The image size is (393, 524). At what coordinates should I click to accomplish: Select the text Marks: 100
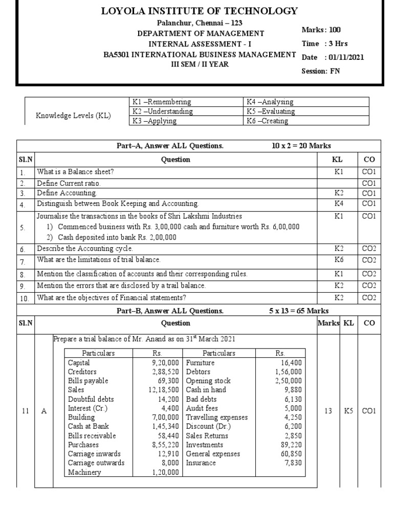321,30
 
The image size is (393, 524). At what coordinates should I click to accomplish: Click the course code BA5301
117,55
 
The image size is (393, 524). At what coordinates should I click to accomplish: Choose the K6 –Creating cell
268,121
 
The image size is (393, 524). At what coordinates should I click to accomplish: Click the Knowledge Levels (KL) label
73,116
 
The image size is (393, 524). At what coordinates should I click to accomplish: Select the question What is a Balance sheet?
75,172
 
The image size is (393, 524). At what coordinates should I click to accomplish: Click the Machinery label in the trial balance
84,472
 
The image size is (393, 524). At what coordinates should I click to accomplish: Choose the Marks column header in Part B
328,323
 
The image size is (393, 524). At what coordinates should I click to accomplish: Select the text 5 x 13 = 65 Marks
299,311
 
